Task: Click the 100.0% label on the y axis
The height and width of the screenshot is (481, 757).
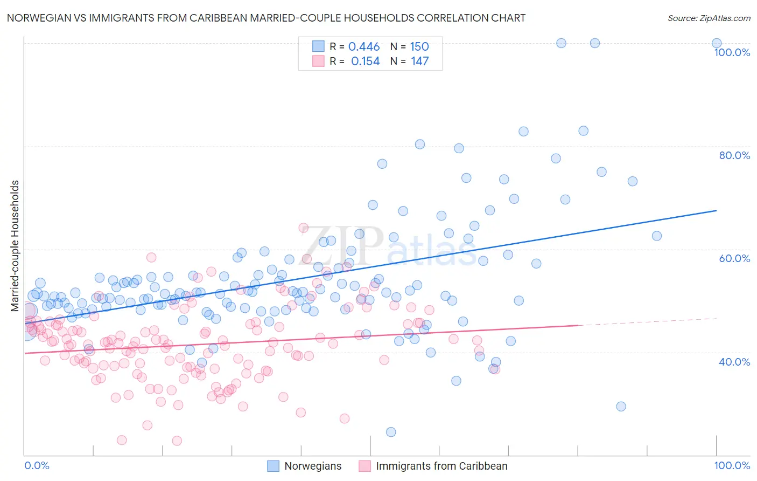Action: (x=732, y=52)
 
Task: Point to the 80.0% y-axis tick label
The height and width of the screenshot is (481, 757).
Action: (x=734, y=155)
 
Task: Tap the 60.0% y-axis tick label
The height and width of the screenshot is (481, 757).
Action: (x=734, y=258)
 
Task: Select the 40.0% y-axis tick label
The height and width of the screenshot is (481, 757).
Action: (x=734, y=362)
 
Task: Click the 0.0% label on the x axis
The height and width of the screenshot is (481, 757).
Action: (x=37, y=465)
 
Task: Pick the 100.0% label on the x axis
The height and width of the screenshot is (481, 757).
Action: (x=732, y=465)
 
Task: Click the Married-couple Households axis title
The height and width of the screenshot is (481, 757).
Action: (x=15, y=246)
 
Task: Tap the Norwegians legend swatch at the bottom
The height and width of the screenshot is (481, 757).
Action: (x=274, y=466)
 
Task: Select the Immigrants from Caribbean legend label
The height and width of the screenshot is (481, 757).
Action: (x=441, y=466)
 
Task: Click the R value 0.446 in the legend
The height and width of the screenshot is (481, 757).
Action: (x=364, y=47)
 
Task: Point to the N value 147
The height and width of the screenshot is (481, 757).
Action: (x=420, y=61)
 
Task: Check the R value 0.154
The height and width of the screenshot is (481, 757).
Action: (x=365, y=61)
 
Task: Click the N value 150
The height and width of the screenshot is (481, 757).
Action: (x=419, y=47)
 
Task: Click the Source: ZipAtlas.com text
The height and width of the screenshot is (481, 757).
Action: (x=709, y=18)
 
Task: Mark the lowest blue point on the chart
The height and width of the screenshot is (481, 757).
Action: (x=391, y=432)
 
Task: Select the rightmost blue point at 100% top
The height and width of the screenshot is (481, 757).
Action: (x=717, y=43)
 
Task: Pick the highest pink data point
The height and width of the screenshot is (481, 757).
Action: (x=304, y=228)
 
